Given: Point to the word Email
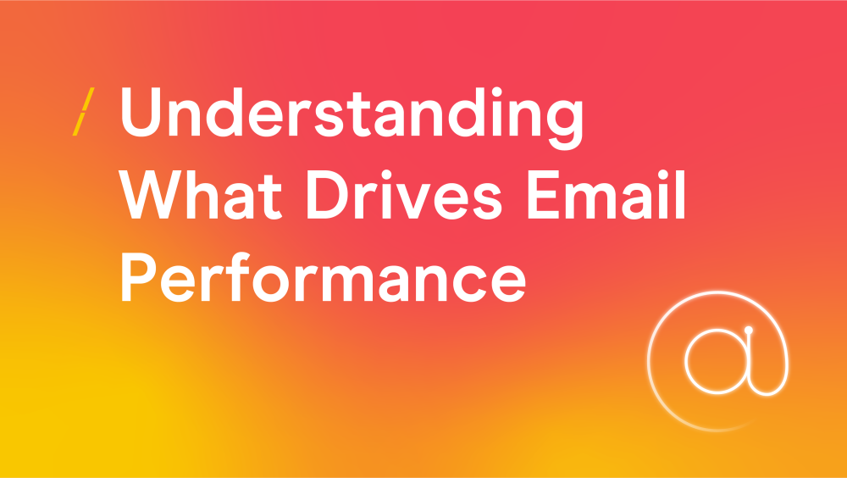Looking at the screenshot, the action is point(606,195).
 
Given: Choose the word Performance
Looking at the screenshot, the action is point(323,277).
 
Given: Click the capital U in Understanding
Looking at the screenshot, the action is point(141,112).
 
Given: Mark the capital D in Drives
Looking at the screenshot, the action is point(328,195).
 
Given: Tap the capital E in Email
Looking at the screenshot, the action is point(543,195).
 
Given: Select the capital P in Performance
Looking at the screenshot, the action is point(138,277).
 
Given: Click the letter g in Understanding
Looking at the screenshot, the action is point(565,125).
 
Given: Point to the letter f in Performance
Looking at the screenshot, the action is point(238,276).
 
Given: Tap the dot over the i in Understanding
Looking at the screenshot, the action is point(497,92).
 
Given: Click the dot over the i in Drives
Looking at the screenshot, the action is point(386,175).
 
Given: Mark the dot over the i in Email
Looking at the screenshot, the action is point(663,175).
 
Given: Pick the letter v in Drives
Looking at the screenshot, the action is point(413,201).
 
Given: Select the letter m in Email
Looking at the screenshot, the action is point(590,201).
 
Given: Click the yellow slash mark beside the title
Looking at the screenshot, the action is point(83,111).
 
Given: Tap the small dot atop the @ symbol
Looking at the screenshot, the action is point(748,330).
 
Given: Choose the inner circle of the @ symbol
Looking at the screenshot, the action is point(686,361).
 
